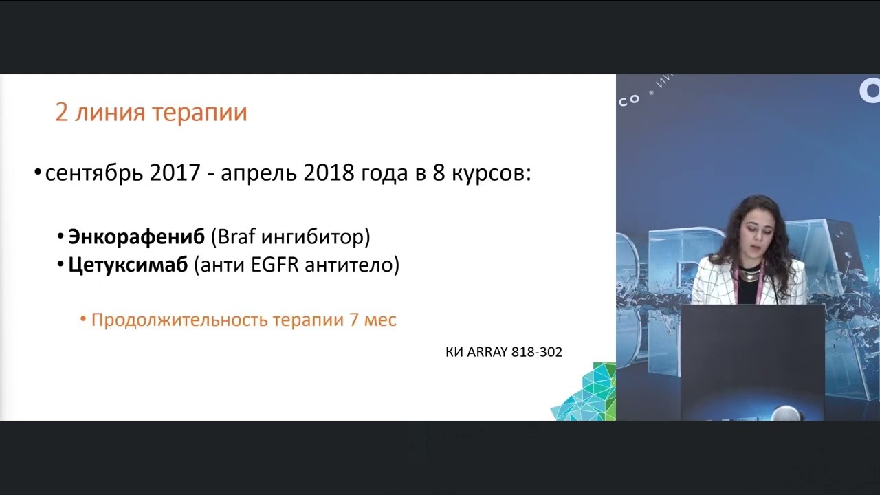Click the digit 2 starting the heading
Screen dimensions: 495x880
(x=62, y=113)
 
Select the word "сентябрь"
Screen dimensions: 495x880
(x=94, y=174)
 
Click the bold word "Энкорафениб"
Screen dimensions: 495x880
(x=136, y=237)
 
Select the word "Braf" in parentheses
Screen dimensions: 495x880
(x=236, y=237)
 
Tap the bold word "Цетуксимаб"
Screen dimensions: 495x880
(x=128, y=265)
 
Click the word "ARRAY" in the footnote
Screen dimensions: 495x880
(x=488, y=352)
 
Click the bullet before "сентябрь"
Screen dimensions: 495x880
(x=38, y=173)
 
